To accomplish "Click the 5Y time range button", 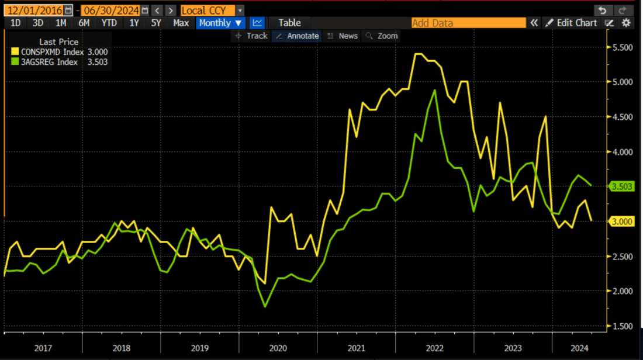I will click(156, 23).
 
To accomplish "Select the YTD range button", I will click(109, 23).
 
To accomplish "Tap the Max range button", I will click(181, 23).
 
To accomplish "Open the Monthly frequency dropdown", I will click(220, 23).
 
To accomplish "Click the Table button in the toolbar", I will click(289, 23).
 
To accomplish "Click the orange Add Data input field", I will click(468, 23).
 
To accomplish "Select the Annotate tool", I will click(297, 36).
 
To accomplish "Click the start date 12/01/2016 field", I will click(34, 10).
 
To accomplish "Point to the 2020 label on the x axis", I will click(278, 348).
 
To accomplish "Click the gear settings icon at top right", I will click(626, 23).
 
